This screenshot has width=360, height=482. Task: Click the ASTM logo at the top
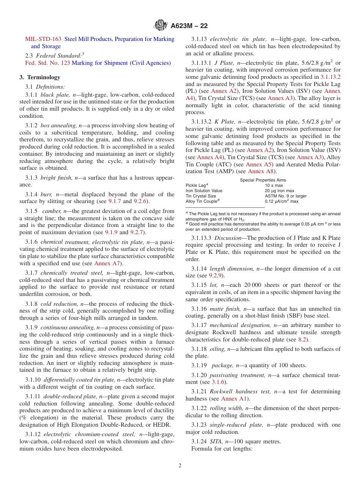pos(161,26)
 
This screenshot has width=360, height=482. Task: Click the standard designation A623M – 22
pos(189,26)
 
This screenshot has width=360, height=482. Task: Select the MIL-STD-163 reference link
pos(43,39)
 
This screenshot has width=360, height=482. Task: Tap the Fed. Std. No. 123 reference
pos(47,63)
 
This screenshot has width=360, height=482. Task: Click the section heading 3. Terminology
pos(40,77)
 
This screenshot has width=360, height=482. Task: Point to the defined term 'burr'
pos(47,194)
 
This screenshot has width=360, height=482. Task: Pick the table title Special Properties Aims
pos(263,180)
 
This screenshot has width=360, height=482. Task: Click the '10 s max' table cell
pos(274,185)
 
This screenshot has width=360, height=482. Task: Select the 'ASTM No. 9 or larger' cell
pos(286,196)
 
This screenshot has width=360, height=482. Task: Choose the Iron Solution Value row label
pos(204,191)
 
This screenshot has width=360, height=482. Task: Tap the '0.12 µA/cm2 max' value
pos(282,201)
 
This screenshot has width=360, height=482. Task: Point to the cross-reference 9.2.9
pos(217,275)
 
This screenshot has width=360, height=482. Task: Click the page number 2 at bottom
pos(180,466)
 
